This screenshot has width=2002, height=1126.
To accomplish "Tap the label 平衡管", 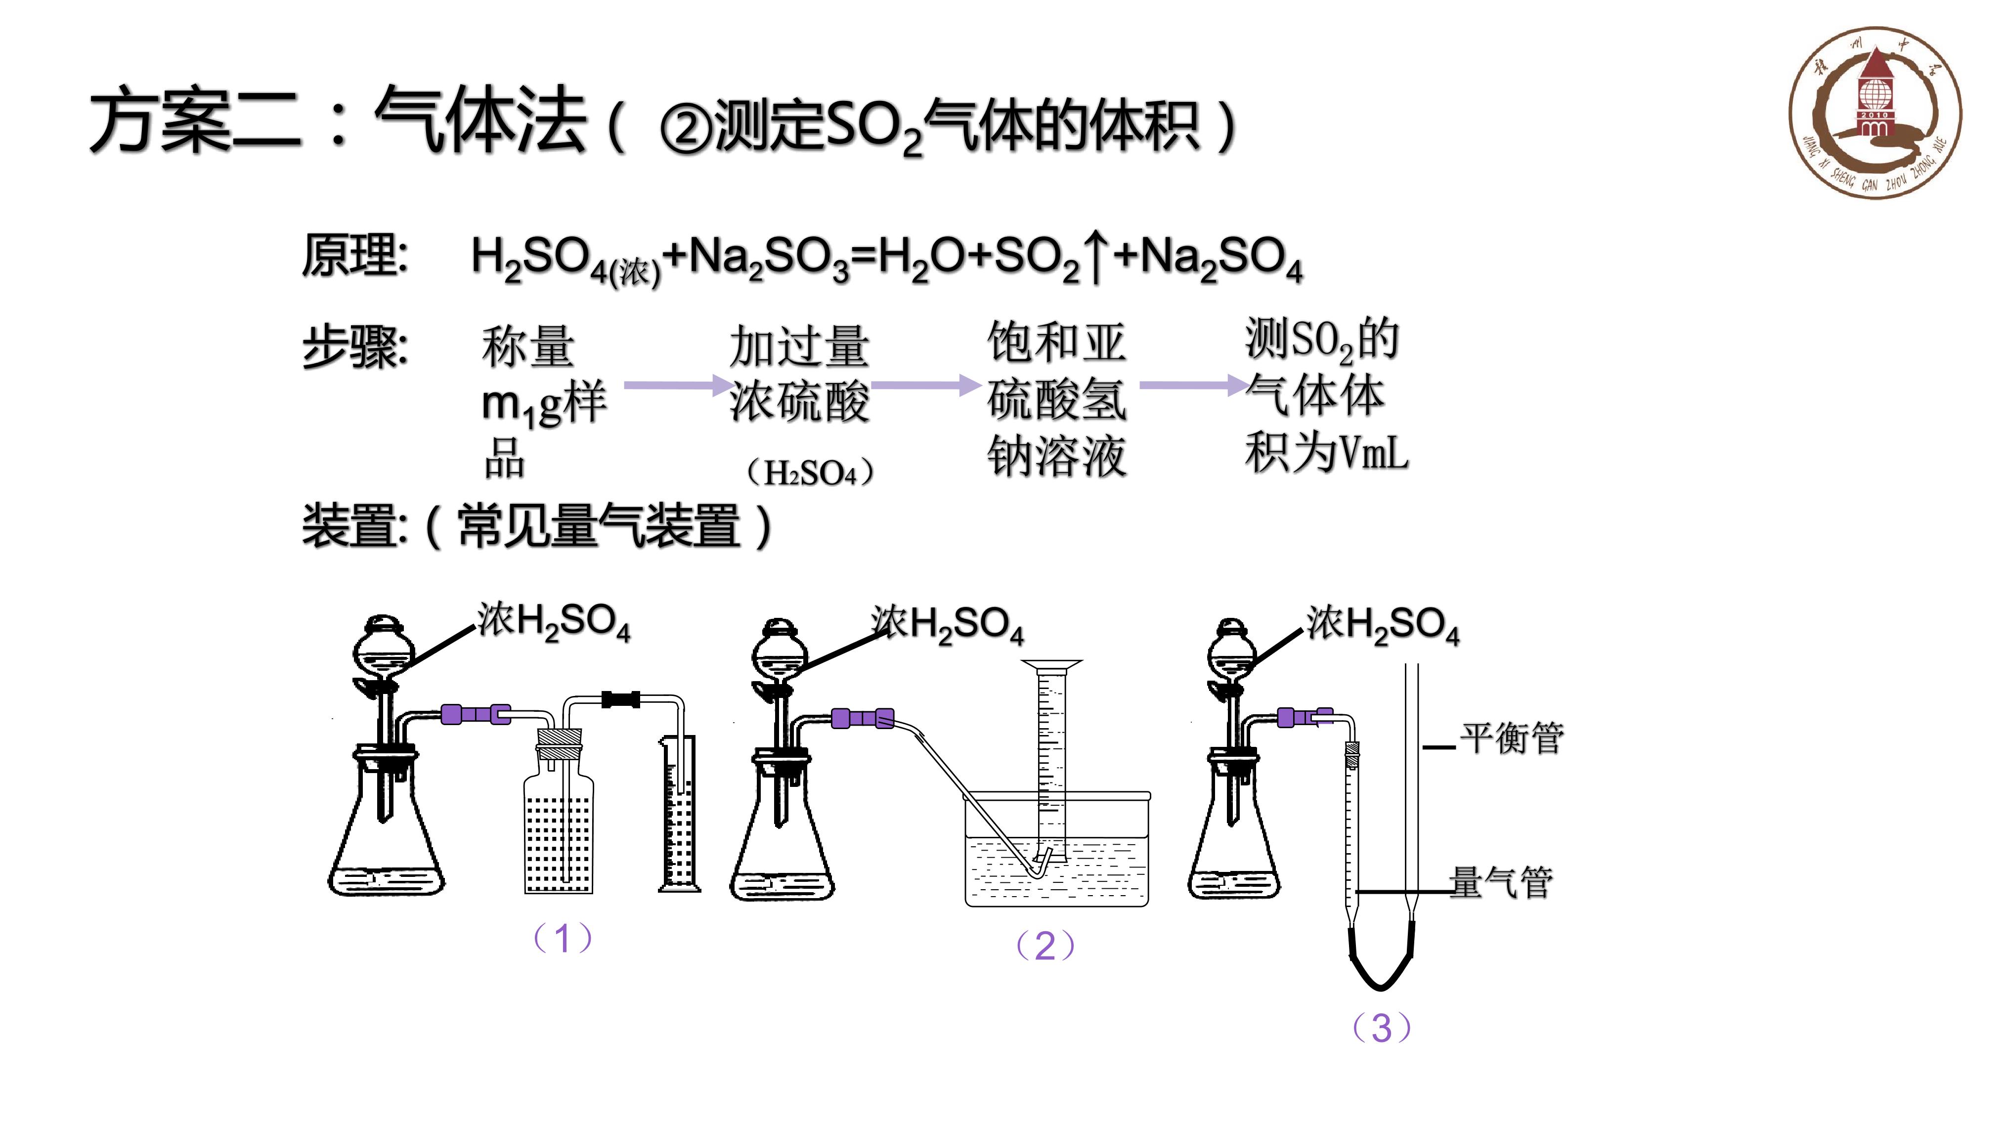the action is pos(1512,738).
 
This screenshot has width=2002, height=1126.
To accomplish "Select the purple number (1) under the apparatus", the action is pos(563,938).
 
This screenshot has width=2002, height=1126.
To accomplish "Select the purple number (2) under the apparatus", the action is pos(1045,946).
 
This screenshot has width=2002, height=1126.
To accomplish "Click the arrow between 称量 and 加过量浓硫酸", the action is pos(676,385).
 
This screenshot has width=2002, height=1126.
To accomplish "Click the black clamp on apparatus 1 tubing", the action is pos(621,699).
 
